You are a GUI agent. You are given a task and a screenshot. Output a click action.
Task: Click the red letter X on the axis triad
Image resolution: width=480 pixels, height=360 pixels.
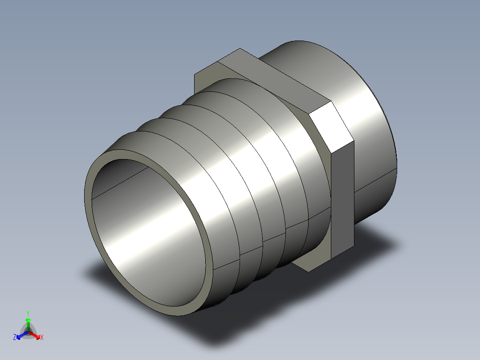tap(41, 338)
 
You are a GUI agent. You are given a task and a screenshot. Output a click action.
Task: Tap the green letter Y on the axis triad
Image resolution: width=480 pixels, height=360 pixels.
tap(28, 313)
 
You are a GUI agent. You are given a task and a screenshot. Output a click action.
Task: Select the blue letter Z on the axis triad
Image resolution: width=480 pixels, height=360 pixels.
tap(15, 338)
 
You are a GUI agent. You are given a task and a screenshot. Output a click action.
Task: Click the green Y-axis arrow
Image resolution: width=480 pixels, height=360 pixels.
tap(28, 322)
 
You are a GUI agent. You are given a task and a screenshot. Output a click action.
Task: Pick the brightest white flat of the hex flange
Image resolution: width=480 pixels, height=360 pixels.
tap(330, 127)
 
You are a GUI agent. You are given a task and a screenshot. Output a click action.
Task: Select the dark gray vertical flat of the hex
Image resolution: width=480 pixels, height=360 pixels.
tap(343, 200)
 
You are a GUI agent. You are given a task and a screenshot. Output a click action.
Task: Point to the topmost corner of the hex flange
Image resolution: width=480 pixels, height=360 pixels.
tap(240, 49)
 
